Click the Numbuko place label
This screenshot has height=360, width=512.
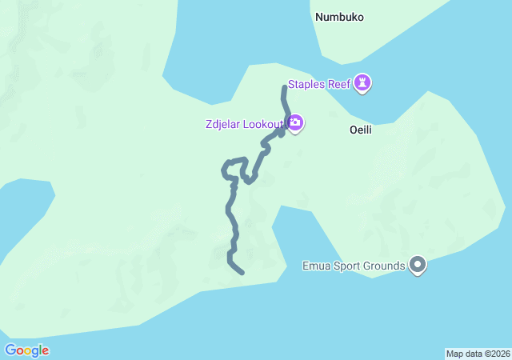pyautogui.click(x=339, y=16)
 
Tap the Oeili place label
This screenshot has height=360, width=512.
pyautogui.click(x=361, y=129)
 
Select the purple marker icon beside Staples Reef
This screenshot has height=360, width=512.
pyautogui.click(x=364, y=82)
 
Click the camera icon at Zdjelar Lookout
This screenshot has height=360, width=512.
pyautogui.click(x=296, y=122)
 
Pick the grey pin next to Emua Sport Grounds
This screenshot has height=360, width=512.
pyautogui.click(x=417, y=265)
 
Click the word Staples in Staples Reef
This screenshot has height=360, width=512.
pyautogui.click(x=306, y=83)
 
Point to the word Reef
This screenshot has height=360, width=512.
pyautogui.click(x=339, y=83)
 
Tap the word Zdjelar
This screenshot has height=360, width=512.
pyautogui.click(x=223, y=123)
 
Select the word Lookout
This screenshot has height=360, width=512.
pyautogui.click(x=263, y=123)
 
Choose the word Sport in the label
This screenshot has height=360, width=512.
pyautogui.click(x=346, y=266)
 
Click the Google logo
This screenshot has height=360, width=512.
pyautogui.click(x=26, y=350)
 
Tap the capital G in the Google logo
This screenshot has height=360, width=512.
pyautogui.click(x=10, y=350)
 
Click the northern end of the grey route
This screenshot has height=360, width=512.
pyautogui.click(x=285, y=86)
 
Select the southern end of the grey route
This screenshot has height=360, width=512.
pyautogui.click(x=242, y=273)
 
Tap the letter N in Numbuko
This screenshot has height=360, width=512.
pyautogui.click(x=319, y=16)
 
